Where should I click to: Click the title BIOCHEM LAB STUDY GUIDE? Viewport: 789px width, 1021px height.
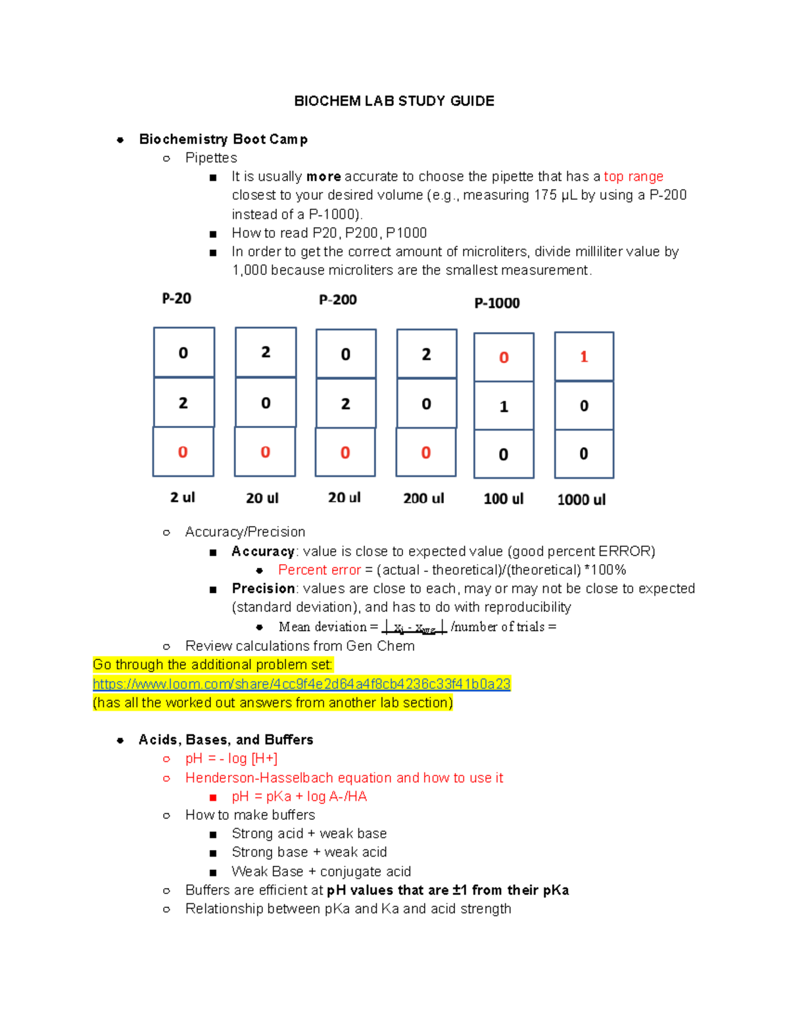pyautogui.click(x=394, y=101)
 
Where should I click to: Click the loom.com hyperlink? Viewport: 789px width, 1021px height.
pyautogui.click(x=301, y=684)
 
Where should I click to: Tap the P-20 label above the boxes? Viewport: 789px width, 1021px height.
pyautogui.click(x=176, y=298)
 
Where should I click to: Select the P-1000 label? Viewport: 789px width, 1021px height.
pyautogui.click(x=497, y=303)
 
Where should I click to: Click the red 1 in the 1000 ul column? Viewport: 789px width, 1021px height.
pyautogui.click(x=583, y=357)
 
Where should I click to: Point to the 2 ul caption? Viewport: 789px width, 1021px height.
pyautogui.click(x=182, y=498)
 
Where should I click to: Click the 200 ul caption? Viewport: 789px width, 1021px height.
pyautogui.click(x=423, y=498)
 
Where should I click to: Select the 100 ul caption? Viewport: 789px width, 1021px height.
pyautogui.click(x=504, y=499)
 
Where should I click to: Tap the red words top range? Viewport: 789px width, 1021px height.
pyautogui.click(x=633, y=177)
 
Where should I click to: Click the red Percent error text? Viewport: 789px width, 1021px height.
pyautogui.click(x=319, y=570)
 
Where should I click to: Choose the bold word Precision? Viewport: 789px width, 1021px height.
pyautogui.click(x=263, y=588)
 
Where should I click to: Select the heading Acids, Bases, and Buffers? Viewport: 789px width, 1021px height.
pyautogui.click(x=226, y=740)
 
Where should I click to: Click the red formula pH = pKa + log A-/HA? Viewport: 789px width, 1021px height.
pyautogui.click(x=299, y=797)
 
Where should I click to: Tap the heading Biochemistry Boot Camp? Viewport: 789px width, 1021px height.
pyautogui.click(x=223, y=139)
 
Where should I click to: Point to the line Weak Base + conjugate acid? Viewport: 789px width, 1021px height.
pyautogui.click(x=321, y=872)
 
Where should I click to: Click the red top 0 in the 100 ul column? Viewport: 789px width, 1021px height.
pyautogui.click(x=504, y=358)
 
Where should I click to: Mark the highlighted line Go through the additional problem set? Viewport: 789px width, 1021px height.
pyautogui.click(x=212, y=665)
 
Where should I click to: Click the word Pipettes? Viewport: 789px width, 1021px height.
pyautogui.click(x=211, y=158)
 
